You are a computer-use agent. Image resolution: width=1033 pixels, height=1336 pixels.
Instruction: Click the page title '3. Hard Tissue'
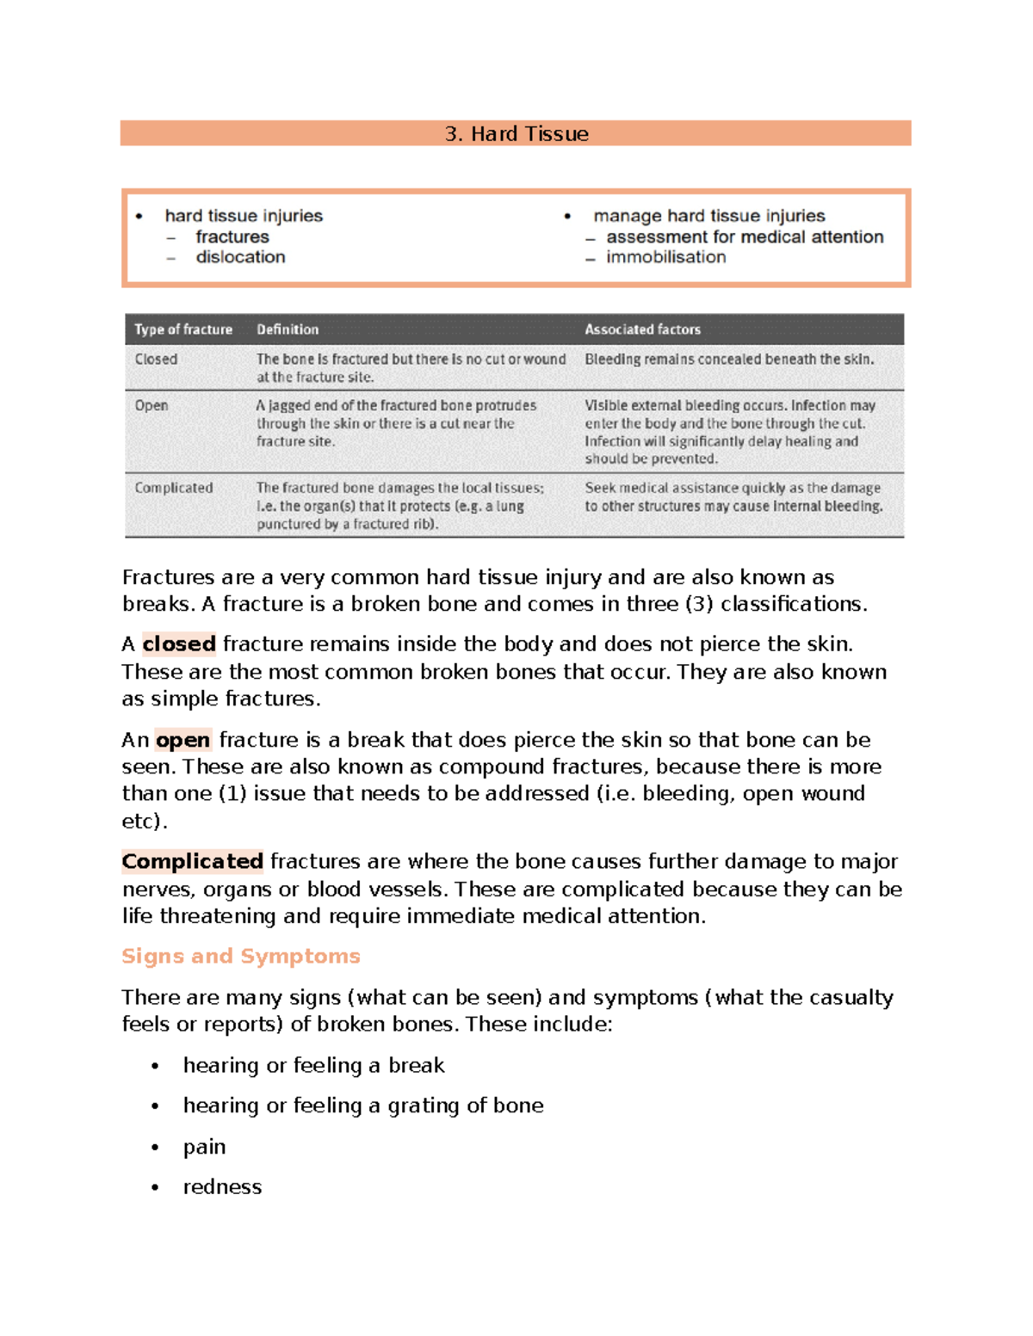coord(516,133)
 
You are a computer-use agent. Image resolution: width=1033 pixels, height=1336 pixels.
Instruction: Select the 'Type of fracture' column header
coord(183,329)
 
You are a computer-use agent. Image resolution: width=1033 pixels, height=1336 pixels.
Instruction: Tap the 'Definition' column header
coord(288,329)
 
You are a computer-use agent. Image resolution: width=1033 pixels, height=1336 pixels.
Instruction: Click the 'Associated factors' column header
coord(642,329)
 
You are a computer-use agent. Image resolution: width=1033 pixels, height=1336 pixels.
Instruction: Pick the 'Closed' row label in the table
coord(156,360)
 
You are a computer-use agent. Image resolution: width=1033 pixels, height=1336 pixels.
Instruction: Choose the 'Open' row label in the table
coord(152,405)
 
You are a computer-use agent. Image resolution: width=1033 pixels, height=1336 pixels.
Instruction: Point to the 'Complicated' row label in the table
coord(174,488)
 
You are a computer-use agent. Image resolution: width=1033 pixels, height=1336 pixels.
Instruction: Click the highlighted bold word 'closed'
coord(179,643)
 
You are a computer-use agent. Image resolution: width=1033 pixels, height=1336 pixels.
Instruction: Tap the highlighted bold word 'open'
coord(182,740)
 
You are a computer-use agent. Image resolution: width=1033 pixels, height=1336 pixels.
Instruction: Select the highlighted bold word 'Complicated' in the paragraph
coord(193,861)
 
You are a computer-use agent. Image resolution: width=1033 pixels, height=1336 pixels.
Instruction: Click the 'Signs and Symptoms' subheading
coord(241,956)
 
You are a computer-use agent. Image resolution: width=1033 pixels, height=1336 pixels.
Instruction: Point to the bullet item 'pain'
coord(205,1147)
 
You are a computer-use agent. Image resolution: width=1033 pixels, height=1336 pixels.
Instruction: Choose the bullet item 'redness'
coord(222,1187)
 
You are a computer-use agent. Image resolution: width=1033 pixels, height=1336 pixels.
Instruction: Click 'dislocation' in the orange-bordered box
coord(240,257)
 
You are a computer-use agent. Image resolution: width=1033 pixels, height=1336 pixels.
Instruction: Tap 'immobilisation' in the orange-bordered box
coord(665,257)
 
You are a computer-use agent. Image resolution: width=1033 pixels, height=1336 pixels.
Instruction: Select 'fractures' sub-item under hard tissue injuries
coord(232,237)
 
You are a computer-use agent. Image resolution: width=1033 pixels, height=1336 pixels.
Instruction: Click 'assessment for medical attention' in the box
coord(745,237)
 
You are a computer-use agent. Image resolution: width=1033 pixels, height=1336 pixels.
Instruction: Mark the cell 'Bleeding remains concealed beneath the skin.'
coord(729,360)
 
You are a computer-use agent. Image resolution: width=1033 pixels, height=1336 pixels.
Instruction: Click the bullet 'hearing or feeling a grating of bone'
coord(363,1105)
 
